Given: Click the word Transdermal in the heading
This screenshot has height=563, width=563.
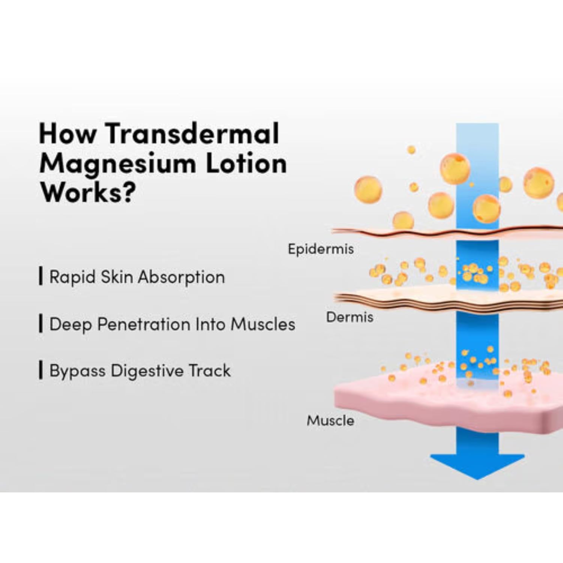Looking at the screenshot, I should coord(192,134).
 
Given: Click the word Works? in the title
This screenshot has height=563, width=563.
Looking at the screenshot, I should coord(87,193).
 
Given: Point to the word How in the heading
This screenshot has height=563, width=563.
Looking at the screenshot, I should coord(67,134).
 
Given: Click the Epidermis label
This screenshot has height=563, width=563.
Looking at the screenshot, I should coord(321,249).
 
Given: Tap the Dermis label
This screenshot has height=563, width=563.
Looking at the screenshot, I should coord(349,317).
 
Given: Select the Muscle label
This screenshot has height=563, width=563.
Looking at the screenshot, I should coord(330,420).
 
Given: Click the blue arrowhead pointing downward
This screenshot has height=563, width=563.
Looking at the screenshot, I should coord(477,465).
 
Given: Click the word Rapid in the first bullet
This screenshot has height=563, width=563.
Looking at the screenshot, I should coord(72,277).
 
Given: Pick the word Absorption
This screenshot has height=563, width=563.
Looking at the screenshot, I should coord(181,277).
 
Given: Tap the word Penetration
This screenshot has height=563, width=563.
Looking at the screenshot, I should coord(143,324).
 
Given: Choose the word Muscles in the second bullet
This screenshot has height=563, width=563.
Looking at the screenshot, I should coord(263,324).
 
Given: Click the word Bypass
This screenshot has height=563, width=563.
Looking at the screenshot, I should coord(77,371).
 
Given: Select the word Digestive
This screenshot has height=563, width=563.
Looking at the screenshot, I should coord(147,371).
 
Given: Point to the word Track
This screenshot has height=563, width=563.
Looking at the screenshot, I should coord(209,370).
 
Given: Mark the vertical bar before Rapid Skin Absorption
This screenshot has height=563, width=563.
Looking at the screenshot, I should coord(41,276).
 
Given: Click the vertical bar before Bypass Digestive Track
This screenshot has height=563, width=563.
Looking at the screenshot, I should coord(41,370).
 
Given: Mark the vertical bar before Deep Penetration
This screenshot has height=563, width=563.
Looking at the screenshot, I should coord(41,324).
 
